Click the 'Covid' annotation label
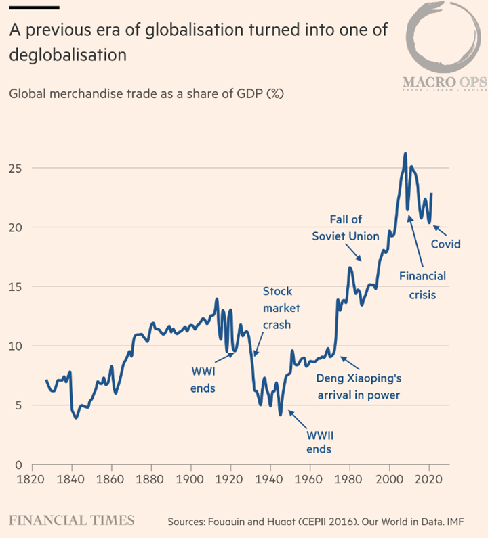(446, 244)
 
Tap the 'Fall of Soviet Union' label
(346, 227)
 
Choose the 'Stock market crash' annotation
(277, 308)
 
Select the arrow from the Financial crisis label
(416, 241)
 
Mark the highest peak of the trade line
(405, 154)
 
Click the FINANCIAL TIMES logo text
(71, 520)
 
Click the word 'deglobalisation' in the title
(68, 55)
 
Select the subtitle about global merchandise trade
(146, 93)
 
